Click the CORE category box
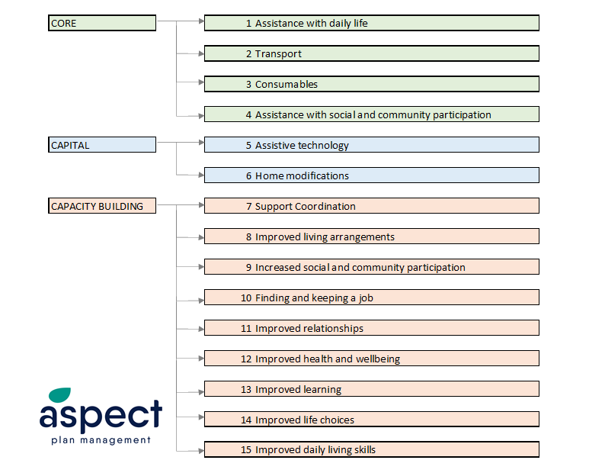point(102,23)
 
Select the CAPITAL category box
point(102,145)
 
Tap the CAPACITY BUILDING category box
point(102,206)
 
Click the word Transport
point(278,54)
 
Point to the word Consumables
point(286,84)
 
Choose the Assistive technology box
point(372,145)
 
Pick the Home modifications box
point(372,175)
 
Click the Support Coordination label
point(305,207)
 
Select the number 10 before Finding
point(246,298)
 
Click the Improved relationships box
point(372,327)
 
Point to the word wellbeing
point(377,359)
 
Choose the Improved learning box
point(372,388)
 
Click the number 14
point(246,420)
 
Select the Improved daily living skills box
point(372,449)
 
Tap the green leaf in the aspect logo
point(59,394)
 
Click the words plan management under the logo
point(101,440)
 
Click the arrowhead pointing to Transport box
point(201,53)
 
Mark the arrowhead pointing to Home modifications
point(201,175)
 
